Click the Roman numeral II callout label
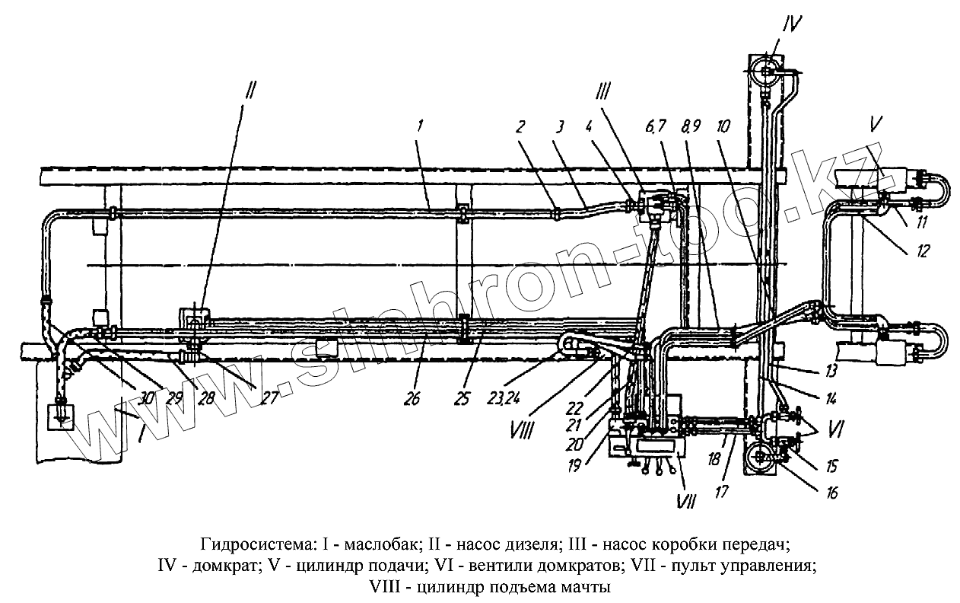[250, 91]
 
